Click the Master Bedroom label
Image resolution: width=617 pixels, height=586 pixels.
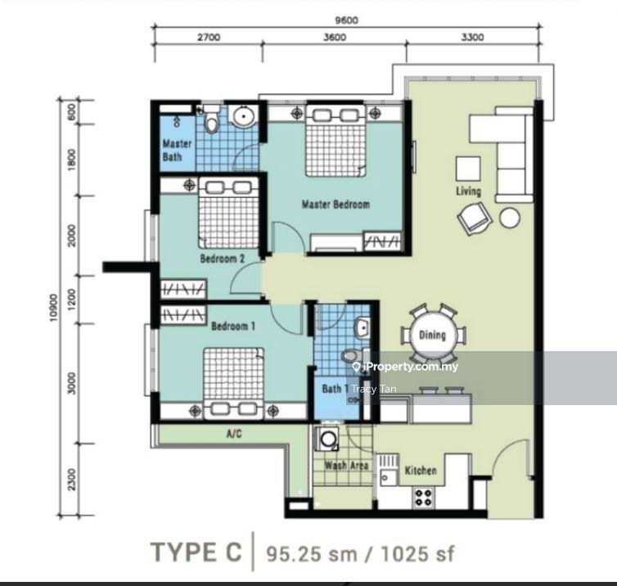tap(336, 205)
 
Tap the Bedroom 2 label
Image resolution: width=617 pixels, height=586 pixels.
tap(223, 259)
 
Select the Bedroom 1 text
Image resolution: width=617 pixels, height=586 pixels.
tap(233, 326)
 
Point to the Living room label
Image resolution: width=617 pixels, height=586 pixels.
tap(468, 192)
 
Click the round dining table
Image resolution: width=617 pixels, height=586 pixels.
tap(432, 336)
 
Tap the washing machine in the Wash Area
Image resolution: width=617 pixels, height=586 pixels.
tap(327, 438)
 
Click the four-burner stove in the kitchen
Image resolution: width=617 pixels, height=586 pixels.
tap(423, 497)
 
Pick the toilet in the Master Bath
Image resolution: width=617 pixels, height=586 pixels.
tap(212, 119)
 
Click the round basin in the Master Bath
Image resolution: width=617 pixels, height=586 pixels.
tap(244, 116)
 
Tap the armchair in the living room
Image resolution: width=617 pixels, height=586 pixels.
tap(475, 218)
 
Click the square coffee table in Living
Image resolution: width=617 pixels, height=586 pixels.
tap(468, 169)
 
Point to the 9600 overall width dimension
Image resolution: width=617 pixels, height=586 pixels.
tap(347, 20)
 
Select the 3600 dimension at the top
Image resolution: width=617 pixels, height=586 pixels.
tap(335, 38)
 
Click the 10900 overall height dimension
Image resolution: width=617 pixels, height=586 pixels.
tap(53, 308)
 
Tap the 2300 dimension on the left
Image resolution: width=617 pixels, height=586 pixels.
tap(72, 480)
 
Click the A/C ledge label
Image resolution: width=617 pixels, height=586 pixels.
tap(234, 434)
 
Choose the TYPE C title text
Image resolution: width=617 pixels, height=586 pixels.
tap(196, 552)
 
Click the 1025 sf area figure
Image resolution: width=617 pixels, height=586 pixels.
tap(417, 554)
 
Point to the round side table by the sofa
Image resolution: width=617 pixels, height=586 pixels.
tap(510, 218)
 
